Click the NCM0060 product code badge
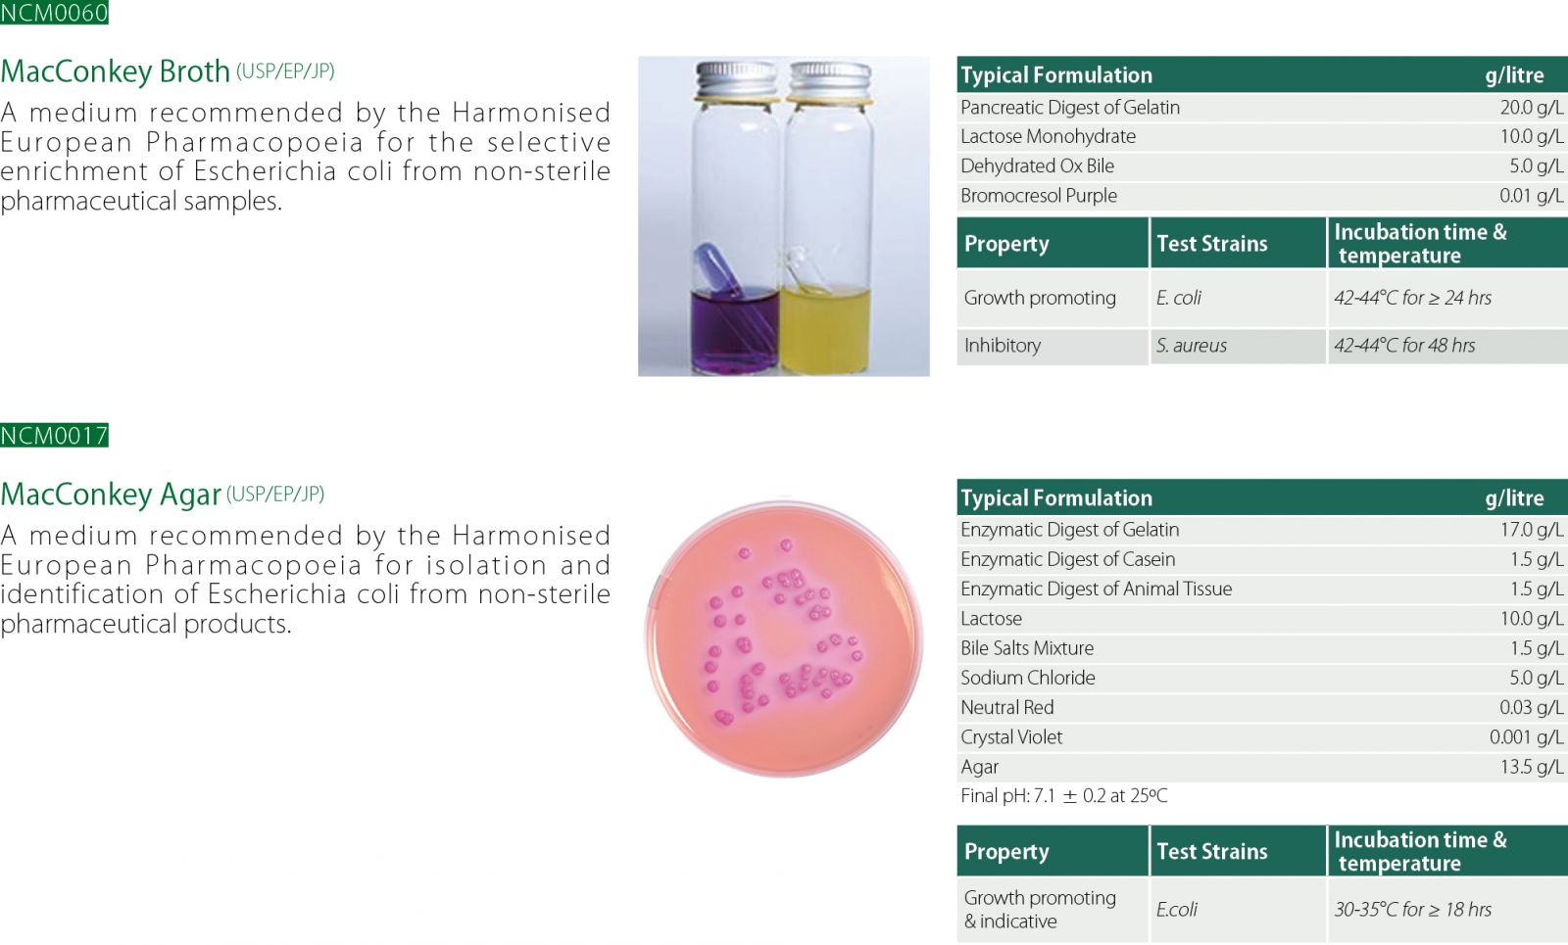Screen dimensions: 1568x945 click(54, 12)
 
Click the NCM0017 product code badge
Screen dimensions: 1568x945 click(54, 435)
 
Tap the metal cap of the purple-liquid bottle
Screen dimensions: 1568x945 click(736, 80)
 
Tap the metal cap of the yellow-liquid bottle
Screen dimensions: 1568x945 click(830, 80)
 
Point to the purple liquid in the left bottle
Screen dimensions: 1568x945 click(734, 332)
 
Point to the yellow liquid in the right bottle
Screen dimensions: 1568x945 click(825, 329)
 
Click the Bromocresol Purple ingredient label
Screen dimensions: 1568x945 click(1038, 196)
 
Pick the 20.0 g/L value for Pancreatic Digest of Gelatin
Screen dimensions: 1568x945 click(1531, 108)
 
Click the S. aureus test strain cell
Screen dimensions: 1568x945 click(1191, 346)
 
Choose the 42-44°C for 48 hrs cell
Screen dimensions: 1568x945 click(1404, 346)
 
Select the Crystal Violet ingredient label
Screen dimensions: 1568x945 click(1010, 737)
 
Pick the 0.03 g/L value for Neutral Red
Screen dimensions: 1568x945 click(1531, 708)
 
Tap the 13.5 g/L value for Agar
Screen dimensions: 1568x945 click(1531, 768)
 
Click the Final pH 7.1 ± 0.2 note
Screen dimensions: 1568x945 click(1063, 796)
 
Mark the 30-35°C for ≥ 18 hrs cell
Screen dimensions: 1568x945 click(1412, 910)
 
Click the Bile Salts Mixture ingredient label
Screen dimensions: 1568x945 click(1027, 648)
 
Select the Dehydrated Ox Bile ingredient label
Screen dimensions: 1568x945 click(1037, 166)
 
